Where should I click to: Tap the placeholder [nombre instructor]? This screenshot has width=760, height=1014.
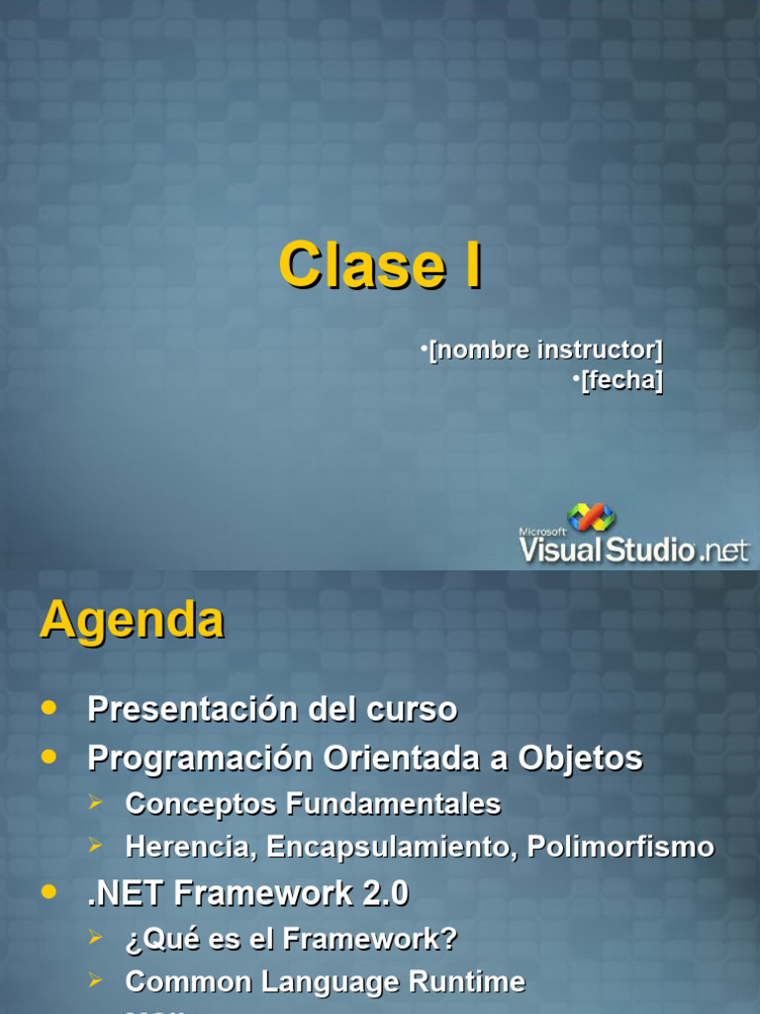pos(545,350)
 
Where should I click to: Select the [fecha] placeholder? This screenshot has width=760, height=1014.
pos(621,380)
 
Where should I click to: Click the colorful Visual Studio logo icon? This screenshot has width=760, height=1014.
pos(592,518)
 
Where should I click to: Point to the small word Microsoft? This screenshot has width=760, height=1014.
pos(542,532)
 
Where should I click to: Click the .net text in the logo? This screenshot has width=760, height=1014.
pos(724,551)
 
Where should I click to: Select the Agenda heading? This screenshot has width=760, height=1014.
pos(132,621)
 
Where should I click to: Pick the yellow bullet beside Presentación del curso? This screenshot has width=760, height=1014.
pos(49,707)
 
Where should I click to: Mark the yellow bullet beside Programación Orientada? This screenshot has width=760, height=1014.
pos(49,757)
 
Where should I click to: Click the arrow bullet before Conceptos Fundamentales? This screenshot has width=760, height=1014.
pos(95,803)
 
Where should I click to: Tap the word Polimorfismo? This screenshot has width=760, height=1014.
pos(620,847)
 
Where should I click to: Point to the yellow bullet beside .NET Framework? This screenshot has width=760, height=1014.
pos(49,892)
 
